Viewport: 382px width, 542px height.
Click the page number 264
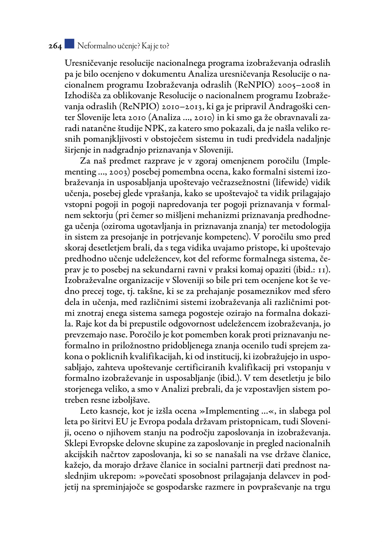coord(55,46)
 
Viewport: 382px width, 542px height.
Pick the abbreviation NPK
coord(154,128)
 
